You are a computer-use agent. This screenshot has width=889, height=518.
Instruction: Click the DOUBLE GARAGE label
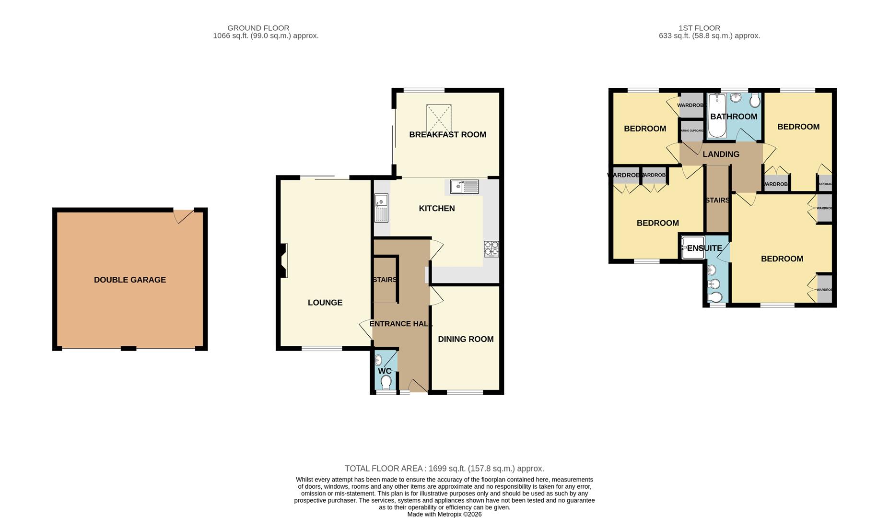coord(129,280)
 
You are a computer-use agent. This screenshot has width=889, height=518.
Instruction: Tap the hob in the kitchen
coord(491,248)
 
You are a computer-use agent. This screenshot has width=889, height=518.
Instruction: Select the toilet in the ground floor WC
coord(386,382)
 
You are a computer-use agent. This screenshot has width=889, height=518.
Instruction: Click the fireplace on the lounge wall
coord(283,260)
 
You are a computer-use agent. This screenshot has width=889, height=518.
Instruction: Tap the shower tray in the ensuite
coord(692,247)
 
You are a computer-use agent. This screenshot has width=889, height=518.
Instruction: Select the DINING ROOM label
coord(466,339)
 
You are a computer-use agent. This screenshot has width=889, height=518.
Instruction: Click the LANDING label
coord(721,154)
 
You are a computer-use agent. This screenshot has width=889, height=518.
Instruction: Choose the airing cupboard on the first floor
coord(691,131)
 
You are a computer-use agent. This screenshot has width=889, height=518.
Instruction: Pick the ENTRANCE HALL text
coord(401,324)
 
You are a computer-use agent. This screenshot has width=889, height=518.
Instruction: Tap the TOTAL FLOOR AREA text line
coord(444,469)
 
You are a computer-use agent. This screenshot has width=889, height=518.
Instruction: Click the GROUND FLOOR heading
coord(258,28)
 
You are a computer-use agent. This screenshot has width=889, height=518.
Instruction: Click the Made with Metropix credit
coord(444,514)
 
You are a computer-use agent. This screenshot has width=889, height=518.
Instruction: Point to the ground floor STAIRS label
coord(384,280)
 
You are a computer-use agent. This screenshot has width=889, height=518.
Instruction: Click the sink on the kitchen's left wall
coord(381,207)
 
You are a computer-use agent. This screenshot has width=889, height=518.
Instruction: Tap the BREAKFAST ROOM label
coord(447,135)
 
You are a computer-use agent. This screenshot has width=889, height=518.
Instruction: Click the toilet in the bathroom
coord(755,101)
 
